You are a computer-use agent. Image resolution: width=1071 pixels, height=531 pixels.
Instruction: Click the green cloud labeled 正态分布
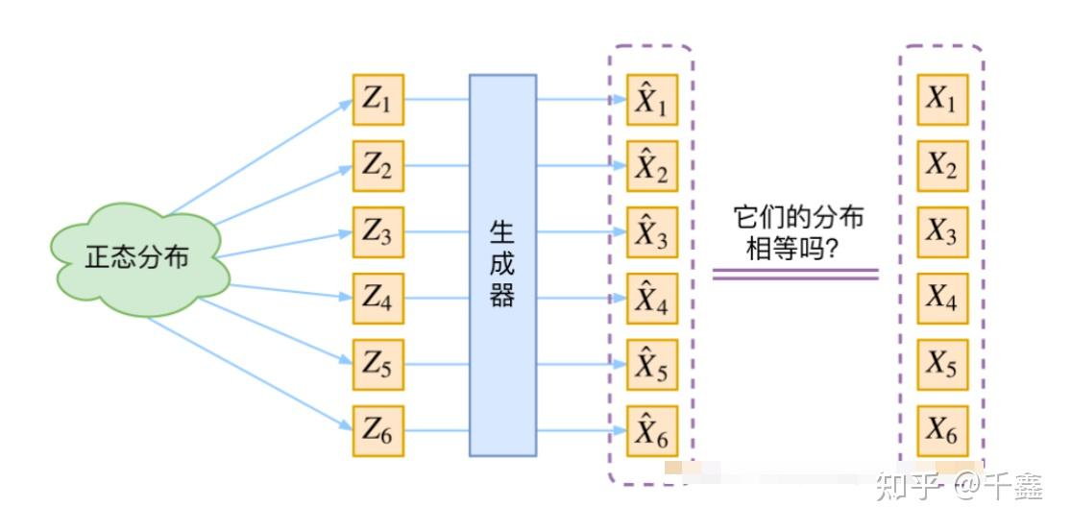(x=138, y=258)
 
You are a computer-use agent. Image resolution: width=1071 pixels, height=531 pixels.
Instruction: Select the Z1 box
(x=378, y=99)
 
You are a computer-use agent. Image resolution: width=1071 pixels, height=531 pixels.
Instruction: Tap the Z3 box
(x=378, y=231)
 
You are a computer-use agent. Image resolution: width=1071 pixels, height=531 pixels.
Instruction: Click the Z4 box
(x=378, y=298)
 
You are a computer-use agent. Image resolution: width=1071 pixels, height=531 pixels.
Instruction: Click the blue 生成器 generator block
(x=502, y=265)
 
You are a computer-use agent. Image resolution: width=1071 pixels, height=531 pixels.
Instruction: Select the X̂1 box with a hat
(x=652, y=100)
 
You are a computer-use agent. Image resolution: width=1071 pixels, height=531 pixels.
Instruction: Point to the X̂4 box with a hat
(x=652, y=299)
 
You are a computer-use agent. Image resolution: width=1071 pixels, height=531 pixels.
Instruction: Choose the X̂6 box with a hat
(x=652, y=431)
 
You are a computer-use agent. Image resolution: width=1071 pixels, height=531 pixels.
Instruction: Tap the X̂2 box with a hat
(x=652, y=166)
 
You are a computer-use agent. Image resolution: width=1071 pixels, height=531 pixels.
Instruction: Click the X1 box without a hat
(x=941, y=99)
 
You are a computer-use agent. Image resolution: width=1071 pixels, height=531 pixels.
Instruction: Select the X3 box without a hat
(x=941, y=231)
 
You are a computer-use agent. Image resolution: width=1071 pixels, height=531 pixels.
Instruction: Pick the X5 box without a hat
(x=941, y=364)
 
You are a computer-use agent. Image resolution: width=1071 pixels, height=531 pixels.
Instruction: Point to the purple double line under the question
(x=795, y=274)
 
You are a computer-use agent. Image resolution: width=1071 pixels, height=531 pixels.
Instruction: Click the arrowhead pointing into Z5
(x=346, y=362)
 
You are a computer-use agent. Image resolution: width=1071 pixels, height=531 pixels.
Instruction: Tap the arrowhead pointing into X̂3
(x=620, y=231)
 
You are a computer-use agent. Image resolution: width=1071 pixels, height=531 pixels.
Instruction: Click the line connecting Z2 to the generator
(x=437, y=165)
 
